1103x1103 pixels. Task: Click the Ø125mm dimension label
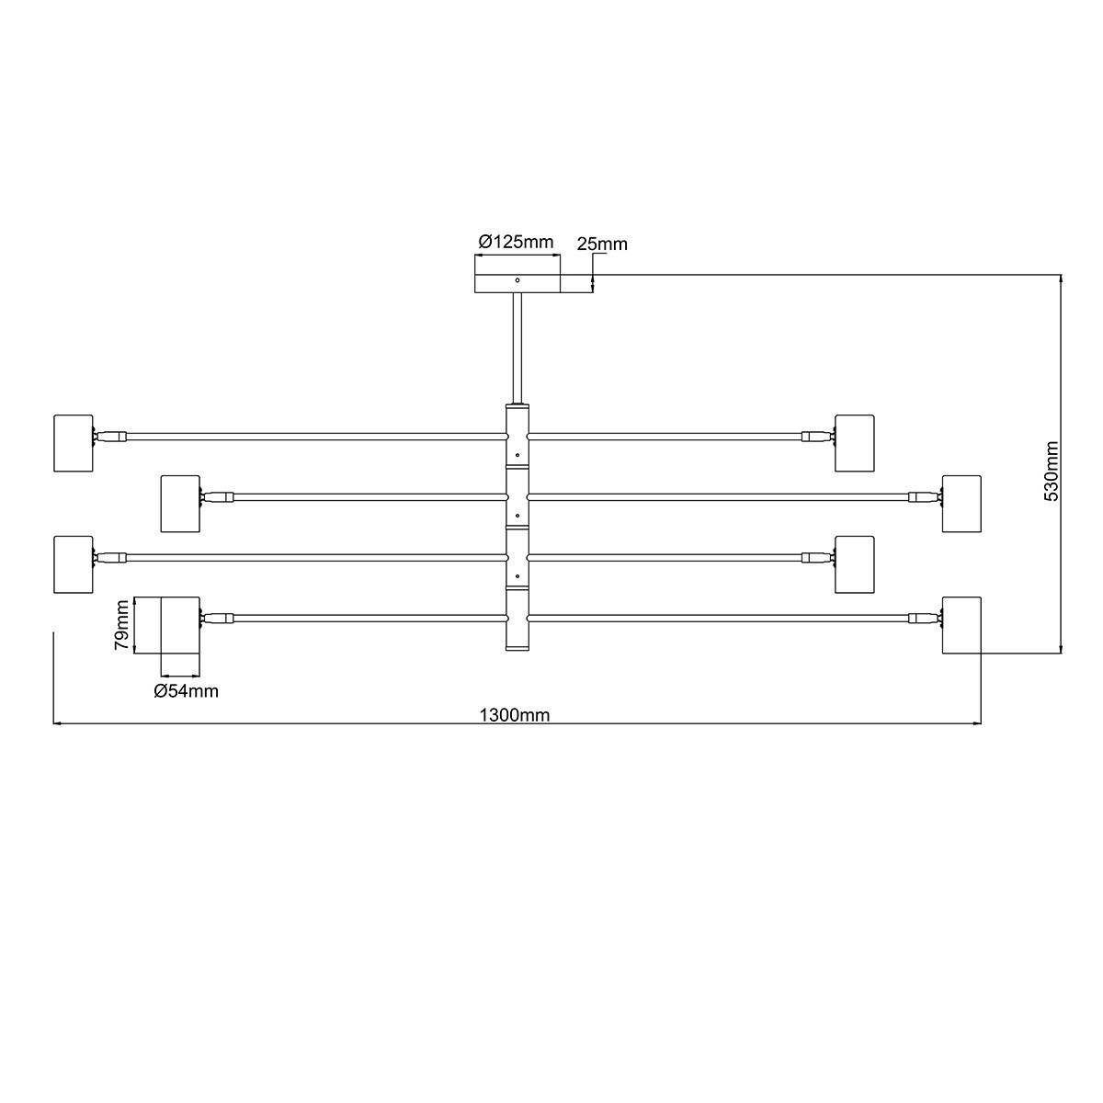516,242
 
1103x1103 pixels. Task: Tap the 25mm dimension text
601,244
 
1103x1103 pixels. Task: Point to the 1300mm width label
515,715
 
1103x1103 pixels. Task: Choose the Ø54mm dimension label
186,691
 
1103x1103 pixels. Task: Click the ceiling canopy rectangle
517,284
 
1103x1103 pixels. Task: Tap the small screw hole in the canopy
517,280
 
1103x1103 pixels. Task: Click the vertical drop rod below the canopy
517,348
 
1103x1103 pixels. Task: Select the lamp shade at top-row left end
74,443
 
